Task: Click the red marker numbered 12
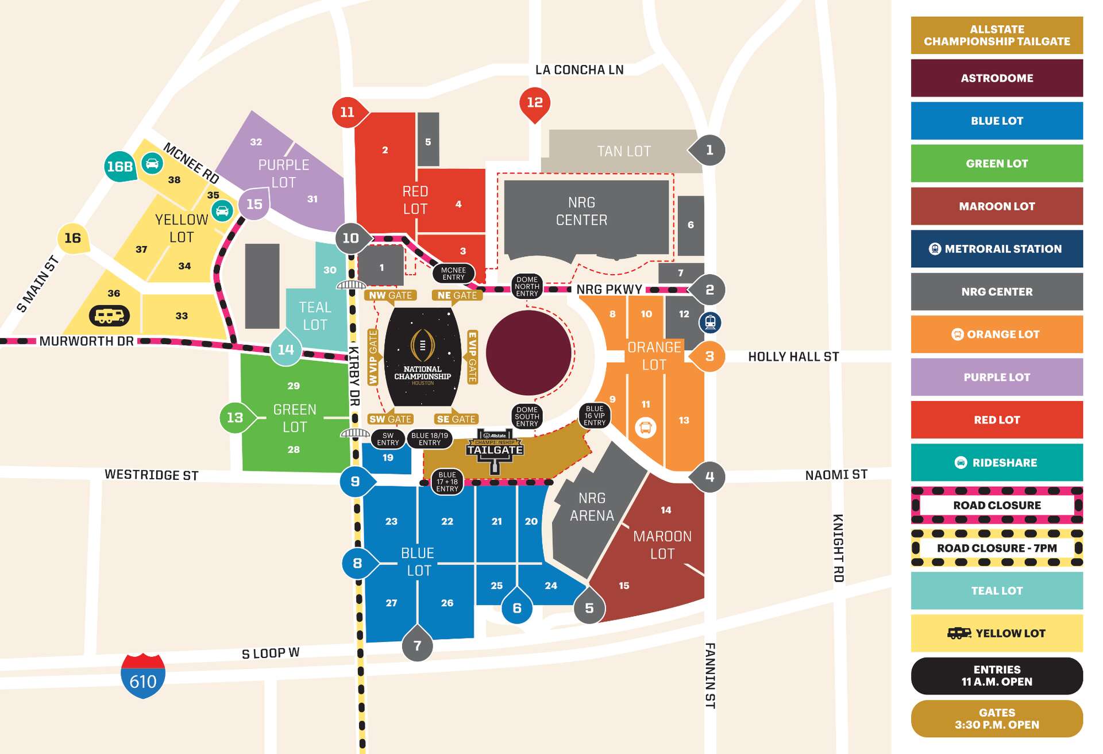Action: click(535, 103)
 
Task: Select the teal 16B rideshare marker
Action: click(120, 167)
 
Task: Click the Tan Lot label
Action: click(623, 151)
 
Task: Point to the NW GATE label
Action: click(390, 295)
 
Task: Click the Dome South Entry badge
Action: click(527, 417)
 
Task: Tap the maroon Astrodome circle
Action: click(529, 353)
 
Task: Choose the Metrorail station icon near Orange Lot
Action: click(710, 322)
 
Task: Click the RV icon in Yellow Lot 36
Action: click(109, 316)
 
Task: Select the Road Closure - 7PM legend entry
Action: click(997, 548)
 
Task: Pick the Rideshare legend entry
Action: click(997, 463)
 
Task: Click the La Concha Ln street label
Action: click(579, 70)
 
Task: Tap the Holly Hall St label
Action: click(793, 357)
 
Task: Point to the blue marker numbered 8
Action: click(357, 563)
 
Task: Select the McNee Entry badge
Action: click(453, 274)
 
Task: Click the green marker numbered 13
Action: click(234, 418)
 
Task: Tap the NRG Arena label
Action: click(592, 507)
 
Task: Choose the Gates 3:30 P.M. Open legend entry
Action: click(997, 718)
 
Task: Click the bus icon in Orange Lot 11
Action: click(645, 428)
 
